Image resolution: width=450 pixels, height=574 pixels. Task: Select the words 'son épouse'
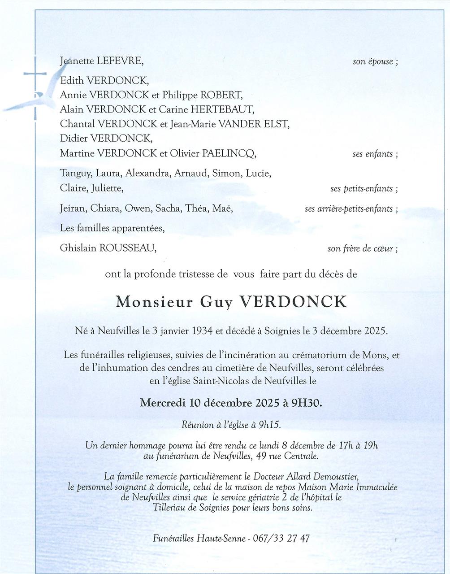372,62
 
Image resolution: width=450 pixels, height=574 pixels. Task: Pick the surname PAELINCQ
229,154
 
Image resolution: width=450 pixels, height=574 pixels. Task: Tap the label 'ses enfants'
372,154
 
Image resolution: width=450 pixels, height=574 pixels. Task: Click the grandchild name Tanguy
73,174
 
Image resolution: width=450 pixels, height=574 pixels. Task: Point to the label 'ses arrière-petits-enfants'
348,209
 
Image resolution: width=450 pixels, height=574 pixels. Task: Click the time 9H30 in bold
306,403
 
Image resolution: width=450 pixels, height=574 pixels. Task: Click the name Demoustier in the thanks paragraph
329,476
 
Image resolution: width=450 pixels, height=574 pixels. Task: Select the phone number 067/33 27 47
281,539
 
